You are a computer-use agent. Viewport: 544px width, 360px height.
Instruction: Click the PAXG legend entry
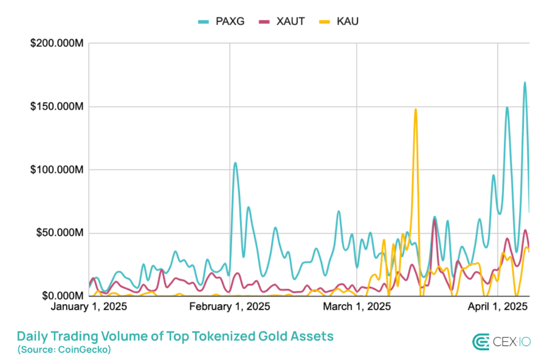[221, 21]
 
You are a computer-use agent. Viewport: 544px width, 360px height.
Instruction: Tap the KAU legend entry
[339, 21]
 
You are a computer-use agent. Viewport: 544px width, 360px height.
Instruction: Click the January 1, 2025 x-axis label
[89, 306]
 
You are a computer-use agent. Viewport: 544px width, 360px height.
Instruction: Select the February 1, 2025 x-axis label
[230, 306]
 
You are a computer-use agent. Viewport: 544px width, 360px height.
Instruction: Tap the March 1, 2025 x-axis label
[357, 306]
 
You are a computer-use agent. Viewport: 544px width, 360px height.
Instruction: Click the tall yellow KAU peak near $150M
[416, 110]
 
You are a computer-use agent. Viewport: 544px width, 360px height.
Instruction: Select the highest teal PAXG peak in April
[525, 83]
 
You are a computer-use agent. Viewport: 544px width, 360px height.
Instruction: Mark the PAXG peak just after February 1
[235, 163]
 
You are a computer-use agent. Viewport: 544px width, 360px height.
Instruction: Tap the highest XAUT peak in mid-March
[435, 220]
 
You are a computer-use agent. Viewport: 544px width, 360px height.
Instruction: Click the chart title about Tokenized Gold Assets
[175, 336]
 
